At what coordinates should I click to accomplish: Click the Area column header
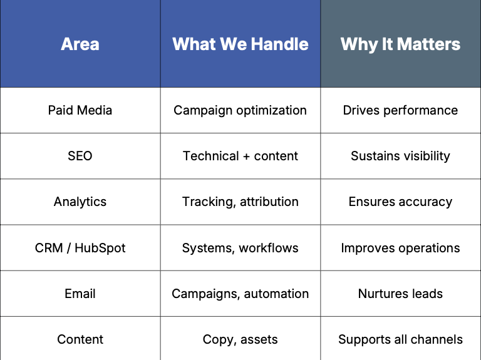(80, 44)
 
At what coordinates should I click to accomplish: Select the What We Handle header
(240, 44)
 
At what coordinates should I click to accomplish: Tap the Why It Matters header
(400, 44)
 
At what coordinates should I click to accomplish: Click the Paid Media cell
(80, 110)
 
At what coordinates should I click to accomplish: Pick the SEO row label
(80, 156)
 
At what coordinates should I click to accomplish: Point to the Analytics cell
(80, 202)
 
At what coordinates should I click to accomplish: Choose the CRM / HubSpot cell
(80, 248)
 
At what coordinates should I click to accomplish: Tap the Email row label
(80, 294)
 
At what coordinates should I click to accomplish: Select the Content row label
(80, 339)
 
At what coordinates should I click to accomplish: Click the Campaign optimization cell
(240, 110)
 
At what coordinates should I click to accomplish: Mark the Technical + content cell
(240, 156)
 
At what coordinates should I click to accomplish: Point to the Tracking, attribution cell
(240, 202)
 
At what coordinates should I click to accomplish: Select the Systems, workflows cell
(240, 248)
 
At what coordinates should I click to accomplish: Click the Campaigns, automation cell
(240, 294)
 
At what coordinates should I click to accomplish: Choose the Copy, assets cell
(240, 339)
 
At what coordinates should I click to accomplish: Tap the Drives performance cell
(400, 110)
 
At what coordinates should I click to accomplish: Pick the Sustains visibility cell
(400, 156)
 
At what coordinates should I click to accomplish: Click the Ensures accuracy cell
(400, 202)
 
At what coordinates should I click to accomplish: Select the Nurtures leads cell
(400, 294)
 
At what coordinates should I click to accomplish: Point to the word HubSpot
(100, 248)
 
